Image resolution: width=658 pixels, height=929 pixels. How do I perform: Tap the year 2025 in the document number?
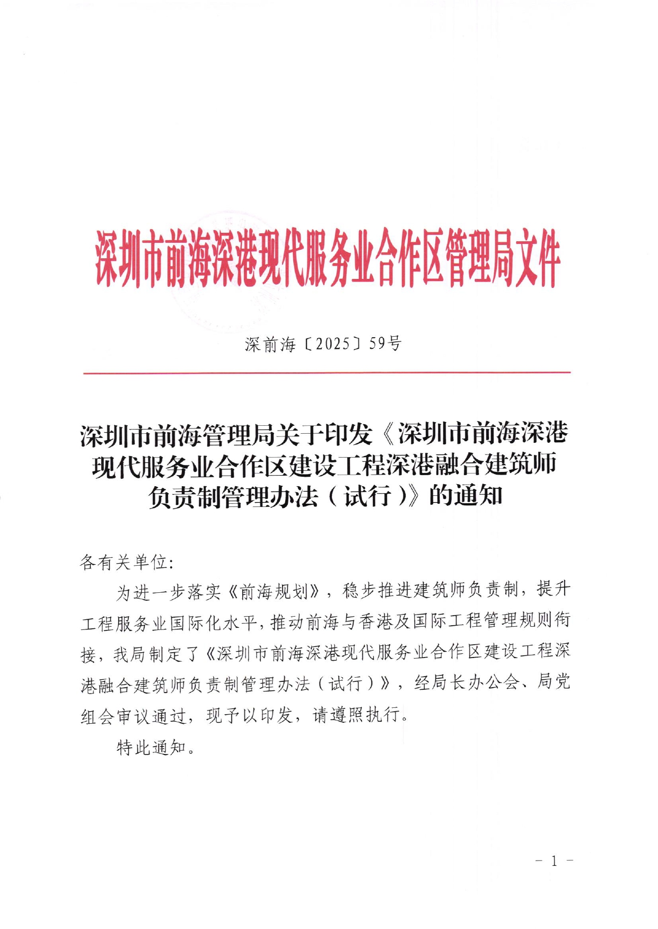point(332,344)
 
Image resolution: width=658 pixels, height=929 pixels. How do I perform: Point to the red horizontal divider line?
point(327,373)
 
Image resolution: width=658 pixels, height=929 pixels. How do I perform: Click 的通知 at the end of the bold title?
point(466,496)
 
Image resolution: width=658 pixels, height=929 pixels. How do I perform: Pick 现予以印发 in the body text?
point(250,715)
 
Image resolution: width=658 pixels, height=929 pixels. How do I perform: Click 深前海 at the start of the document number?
point(270,344)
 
